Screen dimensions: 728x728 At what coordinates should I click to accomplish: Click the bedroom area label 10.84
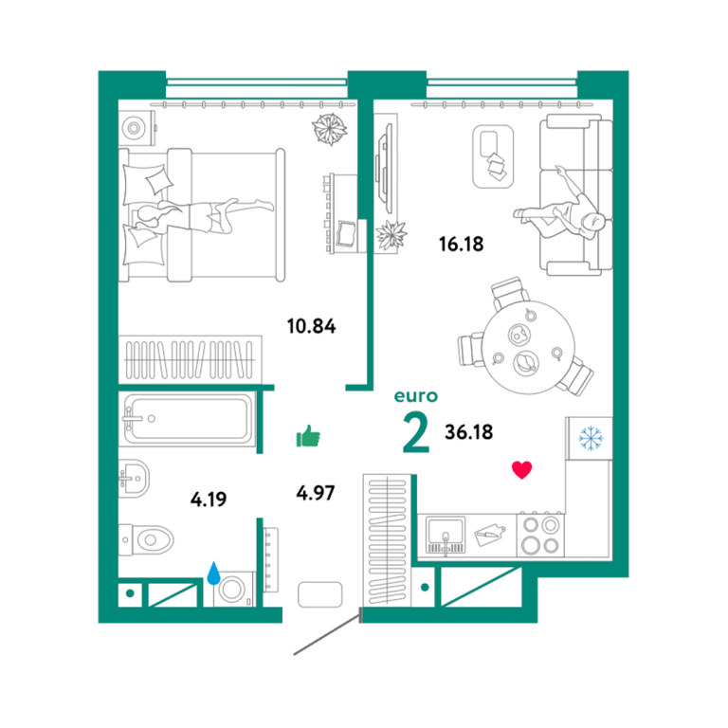(311, 326)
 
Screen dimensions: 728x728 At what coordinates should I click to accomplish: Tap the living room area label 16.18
(461, 245)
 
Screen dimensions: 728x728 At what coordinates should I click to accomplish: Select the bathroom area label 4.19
(209, 500)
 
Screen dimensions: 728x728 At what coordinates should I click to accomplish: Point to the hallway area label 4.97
(316, 493)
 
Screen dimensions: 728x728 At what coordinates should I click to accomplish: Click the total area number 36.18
(469, 432)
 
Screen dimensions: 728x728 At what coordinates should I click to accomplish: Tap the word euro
(415, 396)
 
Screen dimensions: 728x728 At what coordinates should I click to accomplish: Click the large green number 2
(416, 432)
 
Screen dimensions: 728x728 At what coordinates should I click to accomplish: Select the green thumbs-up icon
(308, 436)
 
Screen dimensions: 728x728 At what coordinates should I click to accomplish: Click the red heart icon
(522, 470)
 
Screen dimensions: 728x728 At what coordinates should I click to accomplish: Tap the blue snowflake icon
(591, 438)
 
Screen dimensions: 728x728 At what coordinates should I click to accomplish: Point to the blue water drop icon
(213, 573)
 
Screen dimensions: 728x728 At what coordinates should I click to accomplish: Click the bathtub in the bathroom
(187, 419)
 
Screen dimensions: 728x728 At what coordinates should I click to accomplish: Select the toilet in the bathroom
(146, 540)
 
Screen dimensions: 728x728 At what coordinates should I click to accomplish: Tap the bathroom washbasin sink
(134, 478)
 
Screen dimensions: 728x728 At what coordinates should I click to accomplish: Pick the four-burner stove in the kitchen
(540, 536)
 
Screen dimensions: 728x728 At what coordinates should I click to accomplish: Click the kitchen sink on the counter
(446, 535)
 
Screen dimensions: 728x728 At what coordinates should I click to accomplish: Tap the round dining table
(528, 347)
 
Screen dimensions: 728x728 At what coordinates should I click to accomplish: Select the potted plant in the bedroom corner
(330, 129)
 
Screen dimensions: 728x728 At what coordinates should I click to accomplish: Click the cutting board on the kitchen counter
(489, 535)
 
